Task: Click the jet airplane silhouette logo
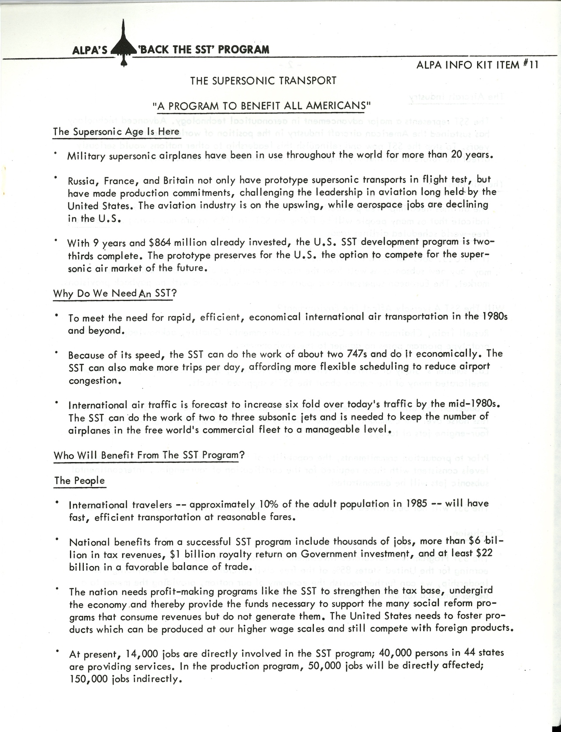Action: (x=124, y=46)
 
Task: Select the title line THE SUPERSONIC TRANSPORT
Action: (x=263, y=81)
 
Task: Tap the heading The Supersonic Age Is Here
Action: (x=116, y=132)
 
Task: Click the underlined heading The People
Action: (x=79, y=480)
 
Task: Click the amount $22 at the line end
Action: (x=483, y=554)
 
